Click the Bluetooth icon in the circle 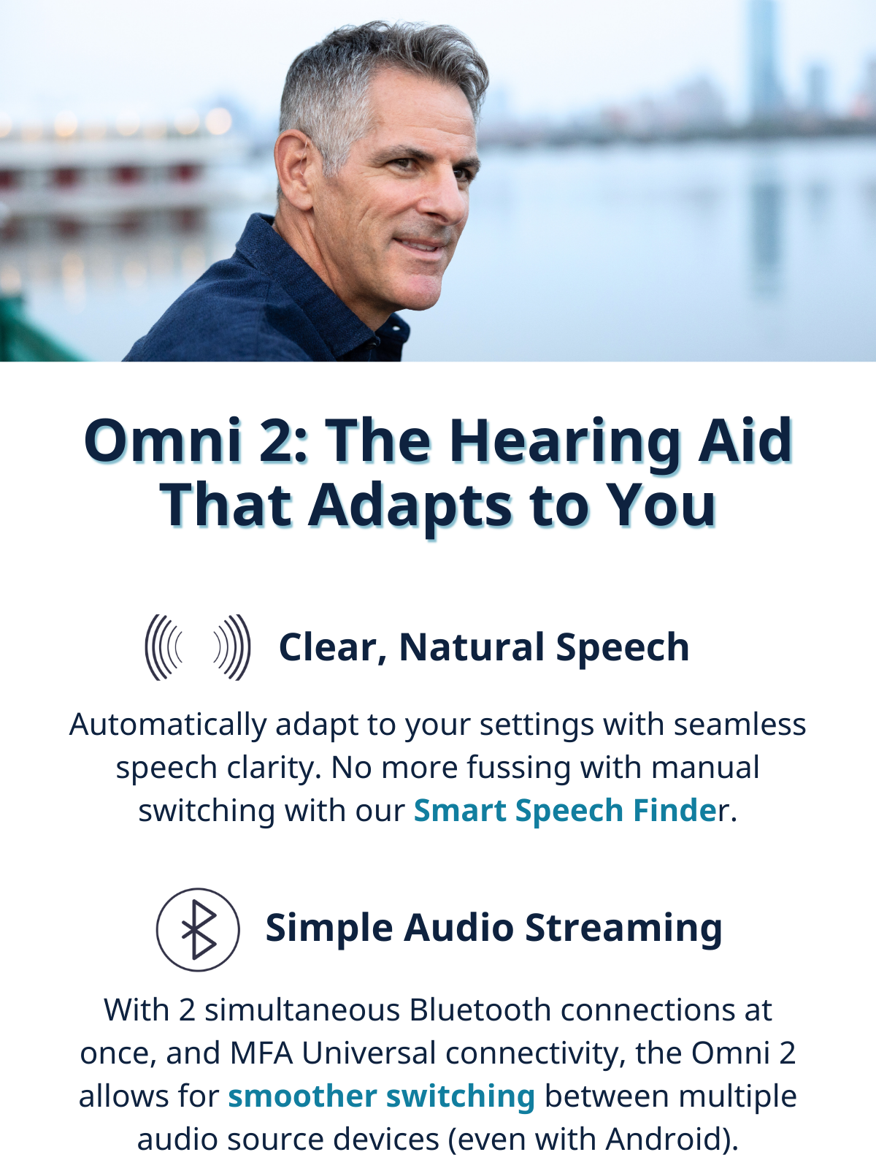tap(199, 930)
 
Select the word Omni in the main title tap(163, 441)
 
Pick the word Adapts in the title tap(410, 508)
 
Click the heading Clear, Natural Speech tap(484, 648)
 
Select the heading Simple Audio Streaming tap(493, 928)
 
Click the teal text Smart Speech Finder tap(569, 811)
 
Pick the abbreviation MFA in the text tap(261, 1053)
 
